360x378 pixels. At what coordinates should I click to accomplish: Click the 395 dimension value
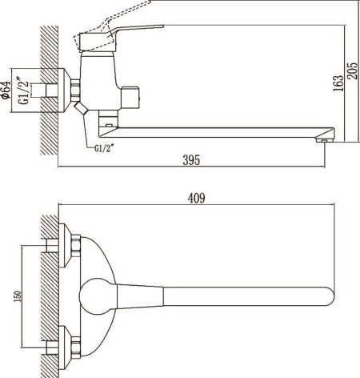191,160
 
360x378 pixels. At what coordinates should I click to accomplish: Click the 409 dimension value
197,198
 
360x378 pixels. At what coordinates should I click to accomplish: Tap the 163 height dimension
338,83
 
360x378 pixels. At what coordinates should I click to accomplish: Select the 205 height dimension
352,70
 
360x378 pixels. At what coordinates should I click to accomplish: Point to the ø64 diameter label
6,90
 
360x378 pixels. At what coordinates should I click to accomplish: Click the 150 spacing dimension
17,296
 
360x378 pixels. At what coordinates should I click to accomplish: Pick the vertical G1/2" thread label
23,90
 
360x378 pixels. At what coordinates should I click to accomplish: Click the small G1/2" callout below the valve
102,148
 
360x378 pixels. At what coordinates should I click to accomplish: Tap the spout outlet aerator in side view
323,139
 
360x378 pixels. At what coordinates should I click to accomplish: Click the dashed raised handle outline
112,26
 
